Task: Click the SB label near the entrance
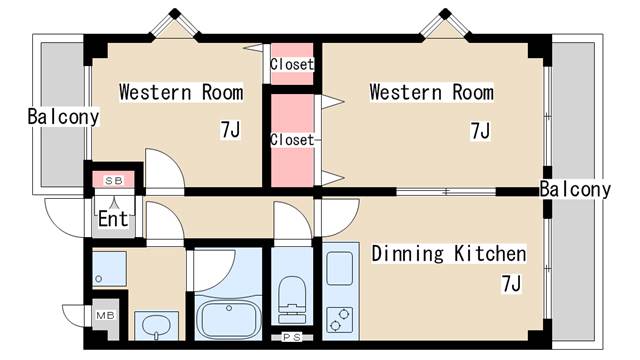click(x=113, y=181)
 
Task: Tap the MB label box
click(x=105, y=315)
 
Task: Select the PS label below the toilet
click(x=292, y=337)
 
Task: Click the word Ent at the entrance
click(x=113, y=219)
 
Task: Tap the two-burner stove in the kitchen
click(x=340, y=320)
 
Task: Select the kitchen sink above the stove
click(x=340, y=268)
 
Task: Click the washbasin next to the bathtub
click(x=157, y=326)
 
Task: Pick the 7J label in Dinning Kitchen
click(x=511, y=284)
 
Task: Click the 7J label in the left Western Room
click(x=231, y=130)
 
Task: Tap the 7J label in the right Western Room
click(x=480, y=131)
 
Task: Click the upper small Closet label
click(x=292, y=64)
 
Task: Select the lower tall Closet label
click(x=292, y=140)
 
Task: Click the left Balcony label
click(x=63, y=117)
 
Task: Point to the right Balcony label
click(x=575, y=189)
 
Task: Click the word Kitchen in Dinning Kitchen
click(x=490, y=254)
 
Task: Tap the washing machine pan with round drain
click(x=109, y=269)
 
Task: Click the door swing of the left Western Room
click(x=164, y=168)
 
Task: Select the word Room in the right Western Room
click(x=473, y=92)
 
